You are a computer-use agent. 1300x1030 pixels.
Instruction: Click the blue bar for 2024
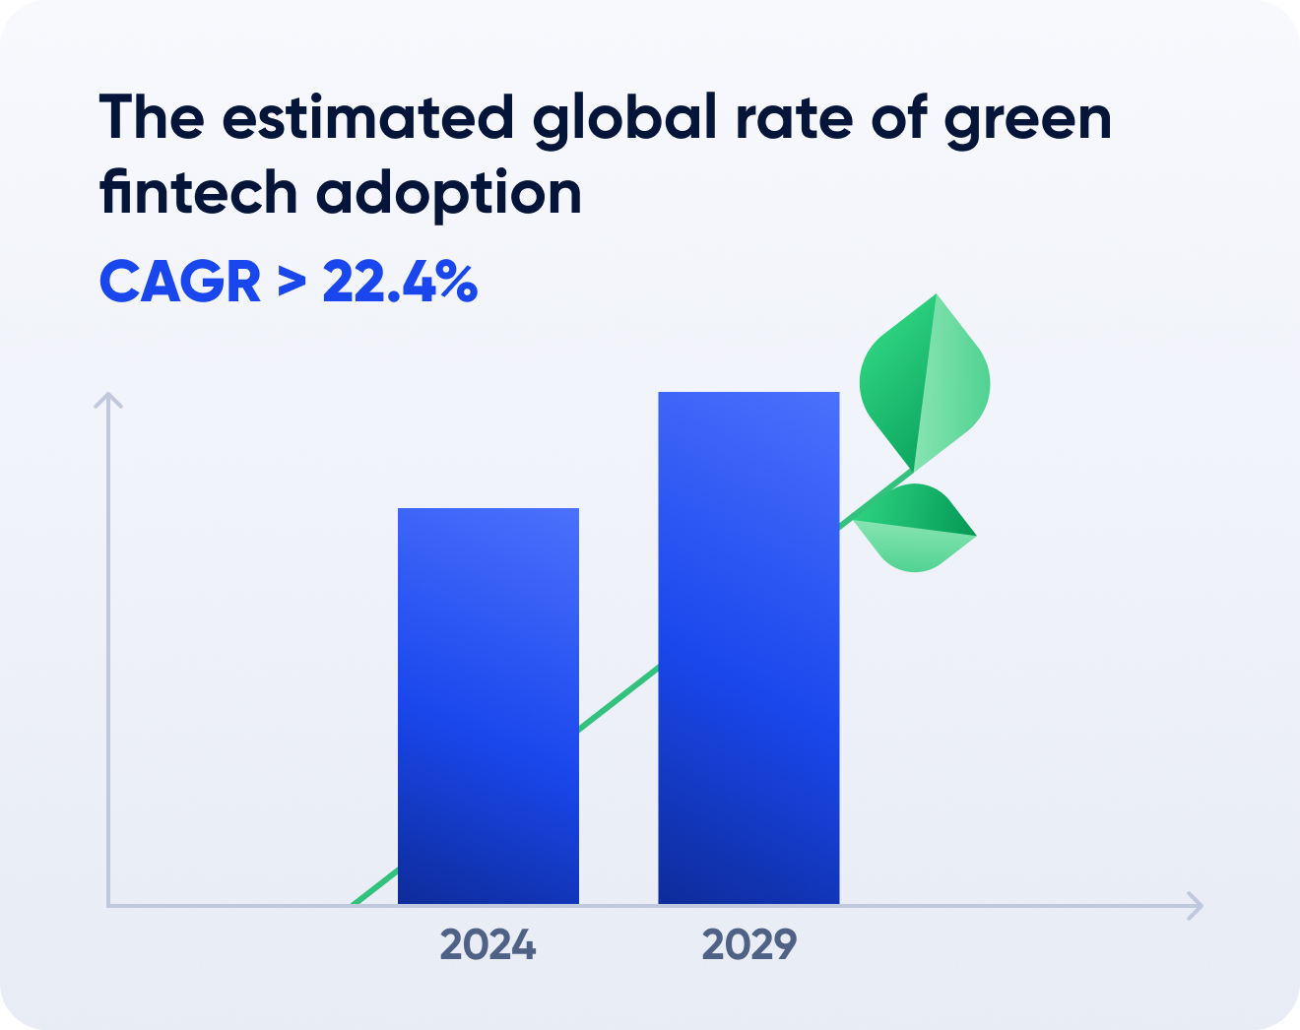487,705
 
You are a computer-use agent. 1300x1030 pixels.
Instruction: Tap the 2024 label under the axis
487,945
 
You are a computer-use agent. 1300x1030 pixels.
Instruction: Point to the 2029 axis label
748,945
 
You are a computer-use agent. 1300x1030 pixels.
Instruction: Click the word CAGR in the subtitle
180,283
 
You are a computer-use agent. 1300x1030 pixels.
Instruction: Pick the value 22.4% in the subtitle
400,283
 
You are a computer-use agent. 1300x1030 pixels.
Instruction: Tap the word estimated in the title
368,118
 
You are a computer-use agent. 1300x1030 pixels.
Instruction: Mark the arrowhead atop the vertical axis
108,400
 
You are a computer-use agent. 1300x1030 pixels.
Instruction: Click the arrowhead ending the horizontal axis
1196,905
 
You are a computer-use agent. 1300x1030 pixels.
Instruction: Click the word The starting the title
152,118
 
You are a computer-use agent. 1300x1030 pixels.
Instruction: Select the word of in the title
898,118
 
